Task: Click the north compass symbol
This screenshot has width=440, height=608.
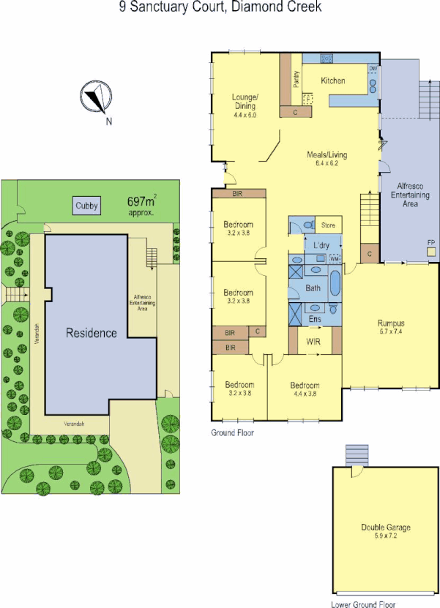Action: pos(95,99)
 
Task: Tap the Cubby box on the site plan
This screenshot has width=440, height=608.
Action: pos(86,206)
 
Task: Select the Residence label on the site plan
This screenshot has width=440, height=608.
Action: pos(92,333)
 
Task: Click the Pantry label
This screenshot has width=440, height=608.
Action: pos(296,79)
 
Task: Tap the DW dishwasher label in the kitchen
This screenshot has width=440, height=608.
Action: pos(373,68)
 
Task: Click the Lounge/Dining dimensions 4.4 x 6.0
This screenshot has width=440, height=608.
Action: pos(245,116)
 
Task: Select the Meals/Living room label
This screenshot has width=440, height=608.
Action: pos(327,155)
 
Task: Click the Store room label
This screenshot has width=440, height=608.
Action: pos(328,225)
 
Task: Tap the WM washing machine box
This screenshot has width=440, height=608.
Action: pos(334,259)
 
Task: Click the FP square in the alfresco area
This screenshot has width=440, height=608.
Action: pos(431,250)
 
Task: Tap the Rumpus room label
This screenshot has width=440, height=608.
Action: pos(391,322)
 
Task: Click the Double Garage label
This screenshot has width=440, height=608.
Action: pos(386,528)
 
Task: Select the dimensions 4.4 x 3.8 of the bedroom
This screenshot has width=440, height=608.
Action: pos(305,394)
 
